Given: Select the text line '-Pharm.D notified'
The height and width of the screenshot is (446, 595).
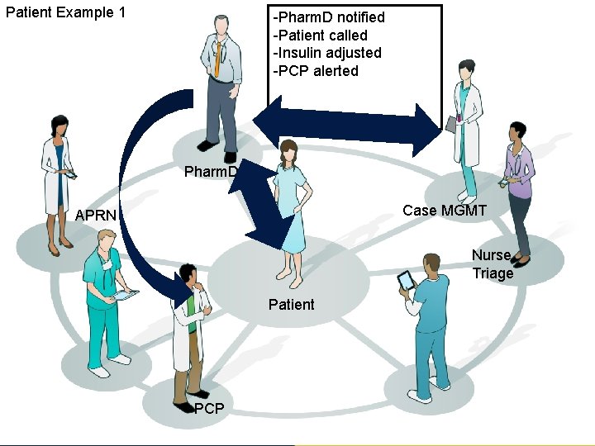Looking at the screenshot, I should [329, 17].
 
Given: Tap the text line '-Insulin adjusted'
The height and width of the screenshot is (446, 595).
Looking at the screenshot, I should [327, 53].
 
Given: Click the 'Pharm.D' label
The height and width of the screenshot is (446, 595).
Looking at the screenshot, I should [211, 172].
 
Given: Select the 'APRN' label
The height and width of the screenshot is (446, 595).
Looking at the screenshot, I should [96, 216].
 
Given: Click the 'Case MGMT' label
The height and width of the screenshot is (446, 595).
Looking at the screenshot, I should [445, 211].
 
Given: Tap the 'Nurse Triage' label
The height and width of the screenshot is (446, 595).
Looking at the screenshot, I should [493, 264].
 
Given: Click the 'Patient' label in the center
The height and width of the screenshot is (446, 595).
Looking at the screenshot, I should [291, 305].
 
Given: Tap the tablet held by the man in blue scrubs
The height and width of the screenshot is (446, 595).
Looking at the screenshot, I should [406, 281].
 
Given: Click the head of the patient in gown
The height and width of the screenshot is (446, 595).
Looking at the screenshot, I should [288, 151].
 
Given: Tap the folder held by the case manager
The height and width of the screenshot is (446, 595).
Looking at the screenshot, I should [451, 123].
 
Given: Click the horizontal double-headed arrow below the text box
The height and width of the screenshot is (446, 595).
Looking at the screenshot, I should [347, 126].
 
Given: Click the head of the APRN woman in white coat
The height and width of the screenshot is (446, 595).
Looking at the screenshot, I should [59, 126].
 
